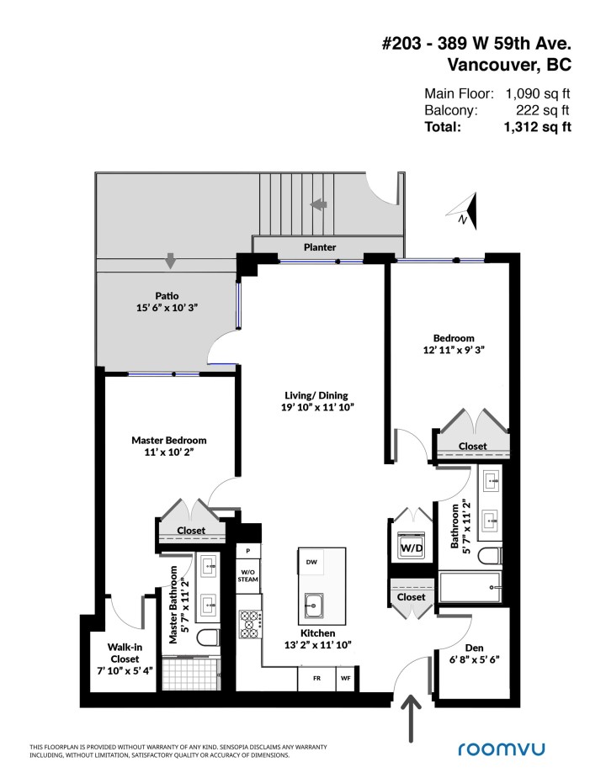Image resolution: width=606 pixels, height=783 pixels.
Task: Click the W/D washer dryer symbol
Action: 411,548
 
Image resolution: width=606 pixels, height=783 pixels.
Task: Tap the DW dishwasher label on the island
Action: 311,562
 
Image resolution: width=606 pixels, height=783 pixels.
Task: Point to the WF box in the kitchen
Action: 345,678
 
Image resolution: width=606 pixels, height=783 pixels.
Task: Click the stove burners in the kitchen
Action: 250,623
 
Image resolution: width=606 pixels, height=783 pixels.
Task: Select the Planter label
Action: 320,247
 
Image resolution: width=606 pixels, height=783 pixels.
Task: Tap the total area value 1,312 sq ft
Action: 537,127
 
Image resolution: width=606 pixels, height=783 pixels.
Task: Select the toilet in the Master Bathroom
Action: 206,640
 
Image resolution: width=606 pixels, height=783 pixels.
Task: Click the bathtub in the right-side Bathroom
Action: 470,586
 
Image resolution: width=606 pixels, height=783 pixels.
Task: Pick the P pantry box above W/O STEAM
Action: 247,550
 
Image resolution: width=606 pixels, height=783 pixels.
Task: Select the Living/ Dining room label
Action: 316,401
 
